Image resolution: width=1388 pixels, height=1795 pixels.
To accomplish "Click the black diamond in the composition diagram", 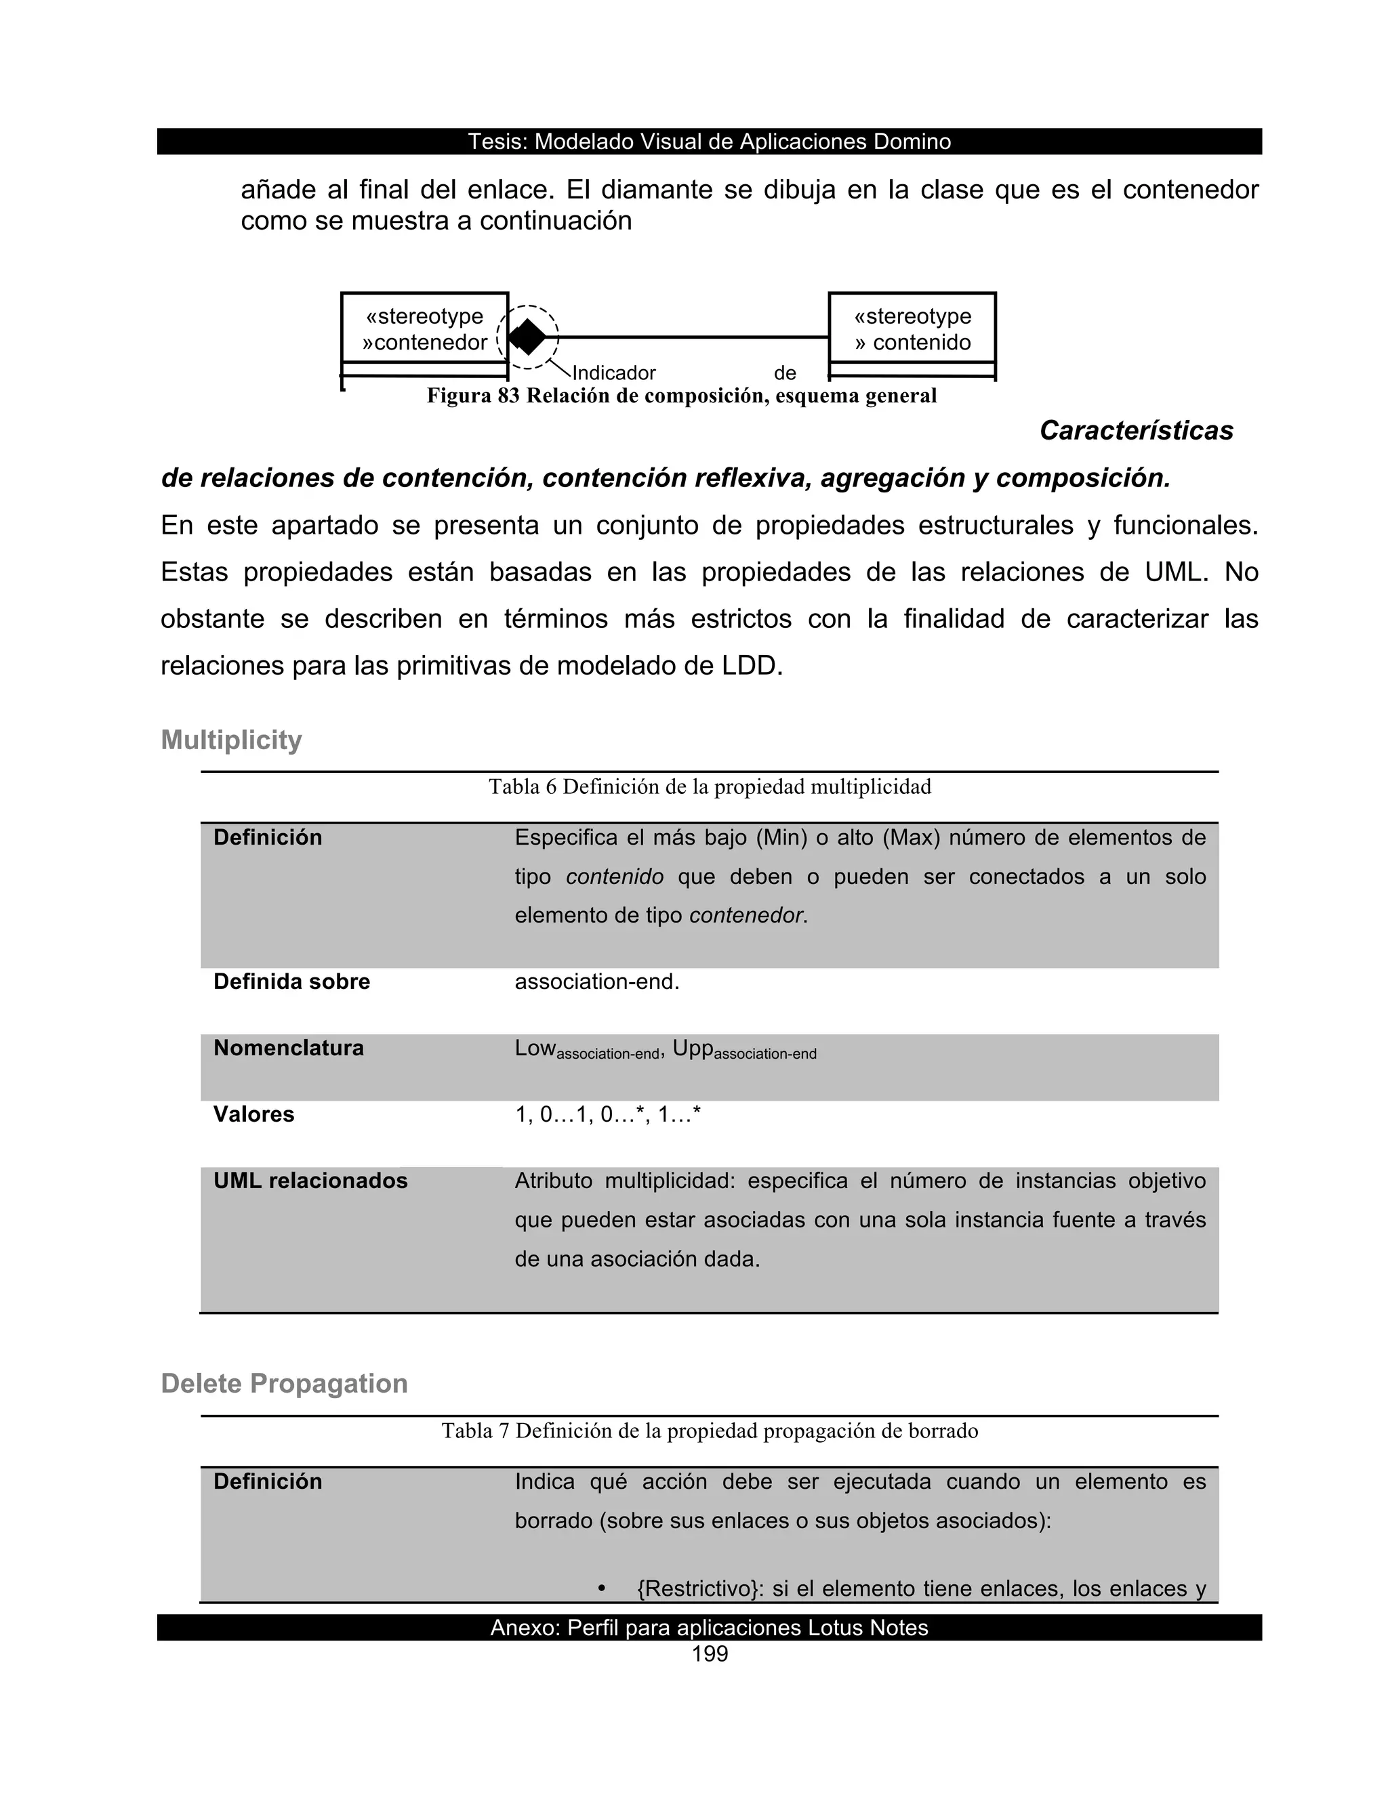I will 527,337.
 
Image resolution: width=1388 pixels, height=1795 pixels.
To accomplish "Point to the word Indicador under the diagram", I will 613,373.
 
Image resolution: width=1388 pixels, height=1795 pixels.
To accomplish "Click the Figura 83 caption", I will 681,396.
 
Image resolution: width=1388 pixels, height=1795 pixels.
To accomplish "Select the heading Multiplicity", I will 231,740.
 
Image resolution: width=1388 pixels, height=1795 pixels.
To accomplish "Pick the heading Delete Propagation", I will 284,1383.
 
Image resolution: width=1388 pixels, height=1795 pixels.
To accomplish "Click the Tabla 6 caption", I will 710,787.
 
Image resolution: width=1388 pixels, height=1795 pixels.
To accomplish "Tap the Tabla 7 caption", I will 710,1431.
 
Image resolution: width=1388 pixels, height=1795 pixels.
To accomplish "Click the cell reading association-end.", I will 597,981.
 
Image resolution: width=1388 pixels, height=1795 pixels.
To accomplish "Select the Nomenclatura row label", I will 288,1048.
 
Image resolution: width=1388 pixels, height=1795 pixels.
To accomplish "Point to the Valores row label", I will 253,1114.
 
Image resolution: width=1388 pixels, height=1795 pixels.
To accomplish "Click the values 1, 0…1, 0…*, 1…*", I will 608,1114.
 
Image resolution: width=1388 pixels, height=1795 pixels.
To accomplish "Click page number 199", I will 710,1655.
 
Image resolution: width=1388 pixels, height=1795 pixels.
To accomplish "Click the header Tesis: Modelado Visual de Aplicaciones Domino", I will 709,142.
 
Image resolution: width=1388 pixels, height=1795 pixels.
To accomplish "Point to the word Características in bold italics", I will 1136,431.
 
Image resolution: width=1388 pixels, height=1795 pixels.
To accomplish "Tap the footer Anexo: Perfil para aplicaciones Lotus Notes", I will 709,1628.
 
